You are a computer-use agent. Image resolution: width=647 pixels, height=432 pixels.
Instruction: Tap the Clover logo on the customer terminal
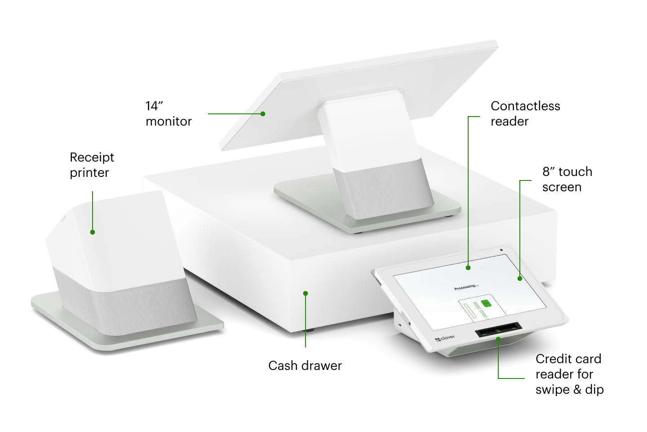444,338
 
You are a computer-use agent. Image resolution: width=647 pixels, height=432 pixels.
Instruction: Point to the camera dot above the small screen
501,250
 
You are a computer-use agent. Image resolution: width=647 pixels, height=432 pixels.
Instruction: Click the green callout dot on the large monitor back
263,114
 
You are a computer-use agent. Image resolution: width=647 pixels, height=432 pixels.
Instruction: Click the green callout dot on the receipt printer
93,232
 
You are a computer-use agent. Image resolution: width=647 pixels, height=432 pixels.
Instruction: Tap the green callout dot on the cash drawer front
306,293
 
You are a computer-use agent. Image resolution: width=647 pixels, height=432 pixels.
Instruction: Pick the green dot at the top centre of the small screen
468,267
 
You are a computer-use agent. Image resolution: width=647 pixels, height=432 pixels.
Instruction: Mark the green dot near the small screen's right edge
520,279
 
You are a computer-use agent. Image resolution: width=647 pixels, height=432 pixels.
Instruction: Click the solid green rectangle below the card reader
517,383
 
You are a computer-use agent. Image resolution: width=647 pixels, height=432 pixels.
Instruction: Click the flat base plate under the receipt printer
135,335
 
